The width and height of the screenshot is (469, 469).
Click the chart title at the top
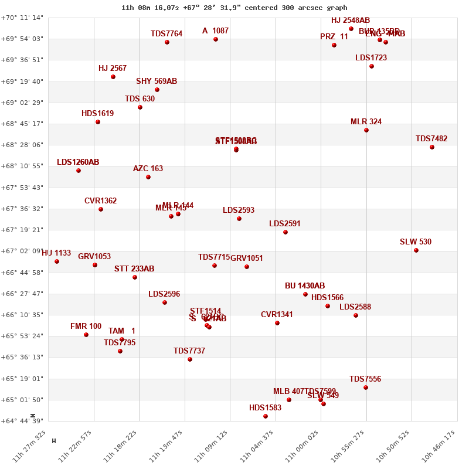[234, 8]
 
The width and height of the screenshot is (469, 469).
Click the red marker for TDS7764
[167, 42]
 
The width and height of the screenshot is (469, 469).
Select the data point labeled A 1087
[216, 39]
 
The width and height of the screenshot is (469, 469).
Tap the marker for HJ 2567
[113, 77]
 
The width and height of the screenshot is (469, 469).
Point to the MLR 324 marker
[366, 130]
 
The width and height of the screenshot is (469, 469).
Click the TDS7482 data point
[432, 147]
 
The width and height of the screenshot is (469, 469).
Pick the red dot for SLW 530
[416, 250]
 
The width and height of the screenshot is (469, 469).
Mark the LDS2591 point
[286, 232]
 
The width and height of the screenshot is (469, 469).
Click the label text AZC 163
[148, 169]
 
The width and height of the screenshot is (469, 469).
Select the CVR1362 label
[100, 201]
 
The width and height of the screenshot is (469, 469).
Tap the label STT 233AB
[134, 269]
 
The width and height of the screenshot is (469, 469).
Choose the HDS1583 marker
[266, 416]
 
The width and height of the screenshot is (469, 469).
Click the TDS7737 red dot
[190, 359]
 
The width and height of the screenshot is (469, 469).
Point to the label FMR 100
[86, 327]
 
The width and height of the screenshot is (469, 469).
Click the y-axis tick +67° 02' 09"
[22, 252]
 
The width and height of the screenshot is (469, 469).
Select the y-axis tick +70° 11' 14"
[22, 18]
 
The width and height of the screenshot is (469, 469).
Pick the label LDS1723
[371, 58]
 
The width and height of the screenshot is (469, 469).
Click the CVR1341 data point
[277, 323]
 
